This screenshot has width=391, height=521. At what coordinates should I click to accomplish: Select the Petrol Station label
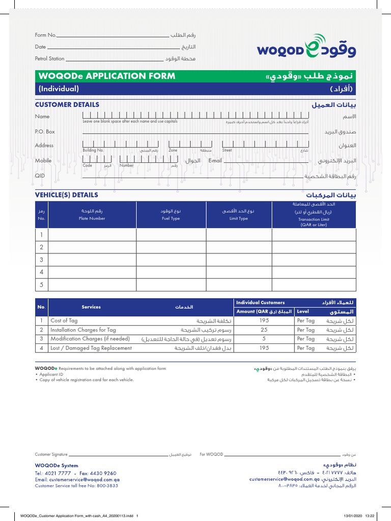click(x=49, y=59)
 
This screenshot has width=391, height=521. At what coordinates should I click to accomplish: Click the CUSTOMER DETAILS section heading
click(x=67, y=105)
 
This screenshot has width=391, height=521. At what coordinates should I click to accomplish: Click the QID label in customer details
click(x=40, y=176)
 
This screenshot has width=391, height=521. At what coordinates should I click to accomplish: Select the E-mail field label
click(x=215, y=161)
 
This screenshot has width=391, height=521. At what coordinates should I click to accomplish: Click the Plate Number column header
click(x=92, y=218)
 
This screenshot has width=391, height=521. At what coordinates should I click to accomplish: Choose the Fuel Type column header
click(x=171, y=218)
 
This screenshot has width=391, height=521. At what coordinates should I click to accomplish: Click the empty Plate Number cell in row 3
click(x=92, y=260)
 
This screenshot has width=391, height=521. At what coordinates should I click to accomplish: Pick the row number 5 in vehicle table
click(x=41, y=284)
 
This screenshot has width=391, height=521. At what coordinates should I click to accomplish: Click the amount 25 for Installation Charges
click(x=264, y=330)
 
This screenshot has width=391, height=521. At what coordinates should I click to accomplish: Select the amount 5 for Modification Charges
click(x=264, y=339)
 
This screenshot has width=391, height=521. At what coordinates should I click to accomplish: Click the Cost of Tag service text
click(x=64, y=321)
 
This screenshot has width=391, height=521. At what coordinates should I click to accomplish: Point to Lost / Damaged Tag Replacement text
click(x=91, y=349)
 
